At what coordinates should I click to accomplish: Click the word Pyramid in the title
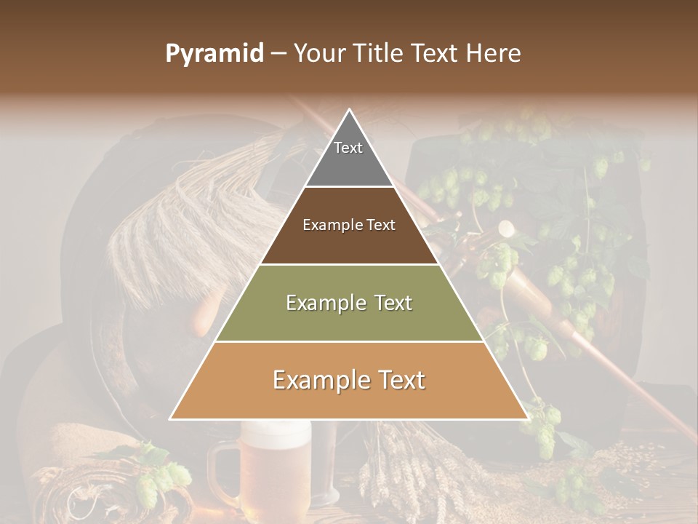(214, 54)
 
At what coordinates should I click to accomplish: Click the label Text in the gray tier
(348, 148)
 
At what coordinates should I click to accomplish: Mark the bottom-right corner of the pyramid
(526, 418)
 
